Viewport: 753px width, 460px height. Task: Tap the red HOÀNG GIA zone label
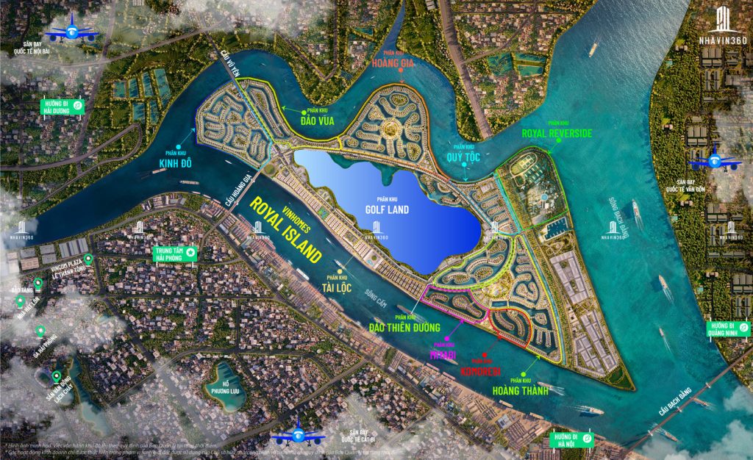click(393, 62)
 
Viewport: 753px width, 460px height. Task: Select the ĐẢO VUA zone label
click(319, 121)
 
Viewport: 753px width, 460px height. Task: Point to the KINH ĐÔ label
click(175, 162)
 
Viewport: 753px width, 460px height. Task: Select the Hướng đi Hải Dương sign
click(61, 106)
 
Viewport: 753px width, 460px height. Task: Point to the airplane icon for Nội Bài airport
click(71, 32)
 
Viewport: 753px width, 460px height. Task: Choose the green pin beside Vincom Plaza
click(88, 259)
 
